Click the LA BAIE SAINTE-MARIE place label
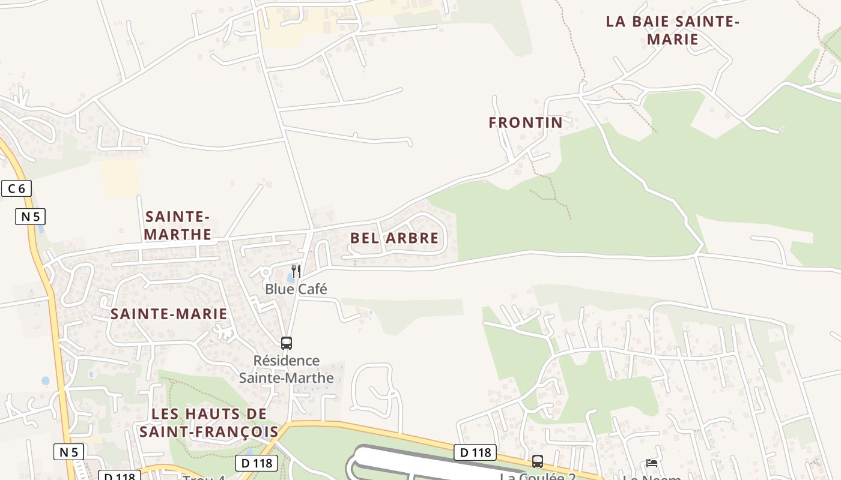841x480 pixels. click(672, 31)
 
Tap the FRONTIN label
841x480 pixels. click(526, 122)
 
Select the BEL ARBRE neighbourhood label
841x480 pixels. click(394, 238)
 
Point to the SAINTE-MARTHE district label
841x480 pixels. click(177, 225)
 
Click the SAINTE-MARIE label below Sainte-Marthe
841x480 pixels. click(169, 314)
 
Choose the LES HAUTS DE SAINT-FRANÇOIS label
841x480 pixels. click(209, 422)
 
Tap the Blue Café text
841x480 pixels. click(296, 289)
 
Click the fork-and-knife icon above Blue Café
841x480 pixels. click(296, 271)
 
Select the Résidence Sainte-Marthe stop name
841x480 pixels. click(286, 369)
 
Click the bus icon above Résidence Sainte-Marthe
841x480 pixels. click(287, 343)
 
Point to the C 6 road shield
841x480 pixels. click(16, 188)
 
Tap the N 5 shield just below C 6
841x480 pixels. click(30, 217)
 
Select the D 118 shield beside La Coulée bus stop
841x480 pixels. click(475, 452)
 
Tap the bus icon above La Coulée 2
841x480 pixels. click(538, 461)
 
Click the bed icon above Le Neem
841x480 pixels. click(652, 463)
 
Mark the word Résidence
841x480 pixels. click(286, 361)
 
